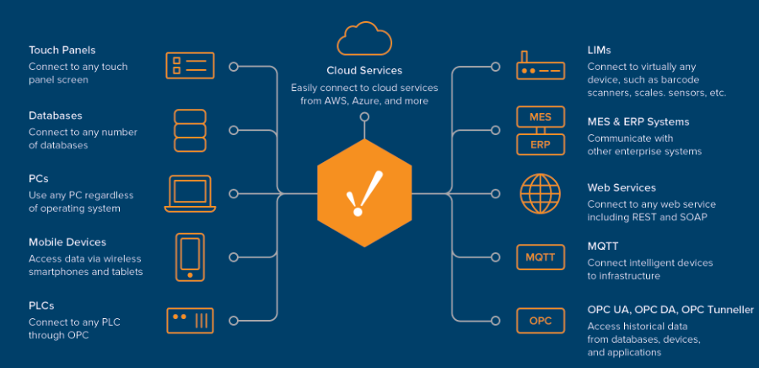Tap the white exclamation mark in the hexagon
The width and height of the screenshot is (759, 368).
point(365,193)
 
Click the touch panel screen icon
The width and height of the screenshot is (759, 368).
point(190,65)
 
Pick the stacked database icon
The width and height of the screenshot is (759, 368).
point(190,130)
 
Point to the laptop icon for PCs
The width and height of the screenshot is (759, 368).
point(190,193)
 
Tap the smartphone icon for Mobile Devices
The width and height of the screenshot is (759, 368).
point(190,256)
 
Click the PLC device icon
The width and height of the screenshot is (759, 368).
point(190,321)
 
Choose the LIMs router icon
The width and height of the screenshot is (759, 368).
point(541,65)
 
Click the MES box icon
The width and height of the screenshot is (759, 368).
point(541,116)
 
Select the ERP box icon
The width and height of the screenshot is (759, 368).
point(541,144)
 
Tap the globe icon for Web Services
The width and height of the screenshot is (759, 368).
point(541,193)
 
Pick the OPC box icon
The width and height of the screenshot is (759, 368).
point(541,321)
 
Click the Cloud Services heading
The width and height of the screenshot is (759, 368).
point(364,70)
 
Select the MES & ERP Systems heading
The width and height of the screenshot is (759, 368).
point(638,122)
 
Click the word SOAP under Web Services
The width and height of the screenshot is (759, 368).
point(693,217)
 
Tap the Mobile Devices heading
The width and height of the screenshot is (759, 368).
point(67,242)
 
